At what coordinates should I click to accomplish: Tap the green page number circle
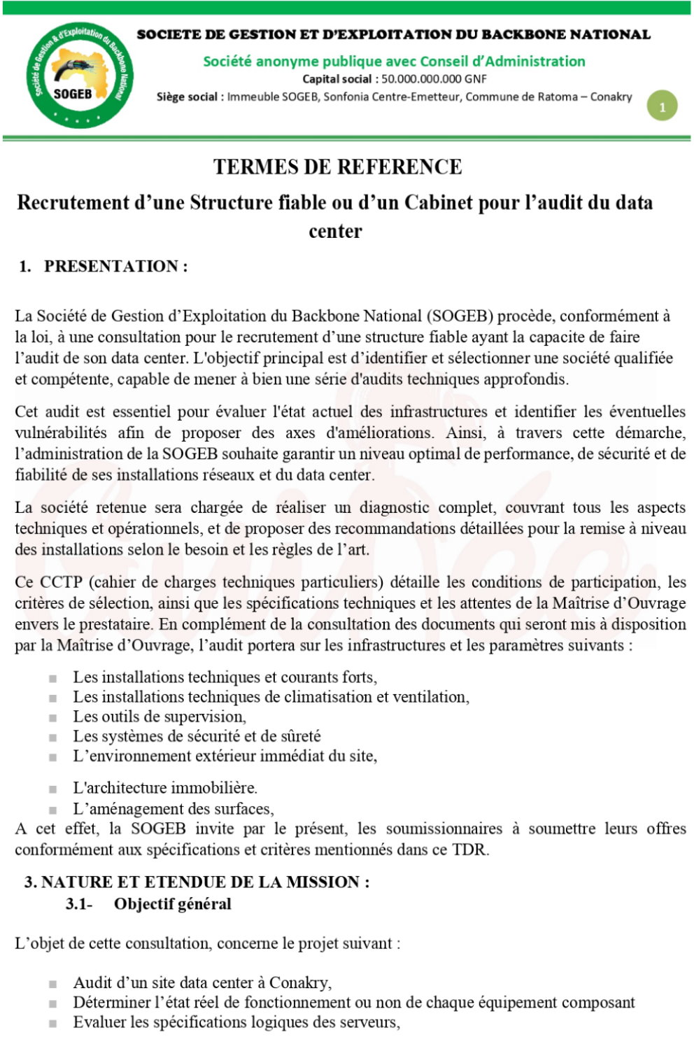click(x=662, y=106)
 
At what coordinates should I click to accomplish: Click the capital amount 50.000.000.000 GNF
click(x=434, y=79)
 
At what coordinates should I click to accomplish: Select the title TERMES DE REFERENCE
click(x=337, y=167)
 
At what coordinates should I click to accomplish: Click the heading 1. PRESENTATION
click(x=103, y=266)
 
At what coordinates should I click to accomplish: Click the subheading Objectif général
click(x=173, y=903)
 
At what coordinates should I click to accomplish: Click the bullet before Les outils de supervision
click(x=52, y=717)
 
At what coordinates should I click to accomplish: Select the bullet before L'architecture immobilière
click(x=52, y=789)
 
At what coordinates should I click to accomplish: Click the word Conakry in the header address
click(x=611, y=97)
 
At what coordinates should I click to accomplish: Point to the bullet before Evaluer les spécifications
click(x=52, y=1023)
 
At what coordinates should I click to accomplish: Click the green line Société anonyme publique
click(x=394, y=61)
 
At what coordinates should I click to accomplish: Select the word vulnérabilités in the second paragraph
click(x=61, y=432)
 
